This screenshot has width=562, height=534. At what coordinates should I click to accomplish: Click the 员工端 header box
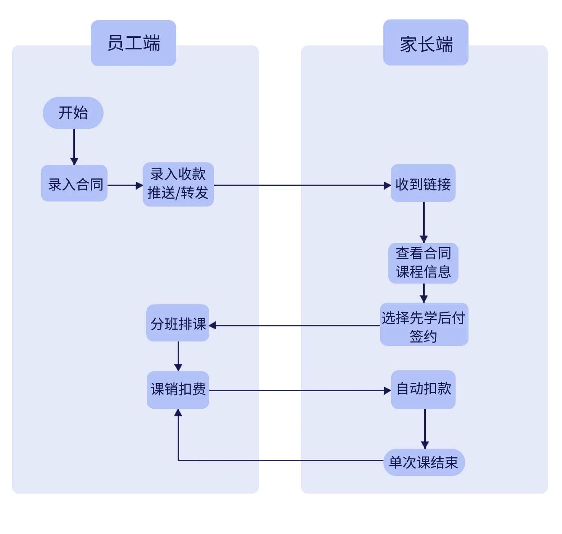pyautogui.click(x=133, y=43)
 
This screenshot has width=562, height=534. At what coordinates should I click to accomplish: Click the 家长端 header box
pyautogui.click(x=426, y=43)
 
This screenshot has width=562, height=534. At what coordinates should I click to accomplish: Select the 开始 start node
pyautogui.click(x=73, y=113)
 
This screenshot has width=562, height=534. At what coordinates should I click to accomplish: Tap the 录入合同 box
pyautogui.click(x=74, y=184)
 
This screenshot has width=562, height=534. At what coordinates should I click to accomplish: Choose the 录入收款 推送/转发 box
pyautogui.click(x=178, y=184)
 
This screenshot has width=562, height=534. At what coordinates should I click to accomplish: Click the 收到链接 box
pyautogui.click(x=423, y=184)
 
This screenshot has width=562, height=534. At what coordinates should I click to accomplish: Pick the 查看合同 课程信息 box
pyautogui.click(x=423, y=263)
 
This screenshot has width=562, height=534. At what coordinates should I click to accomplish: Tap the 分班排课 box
pyautogui.click(x=178, y=323)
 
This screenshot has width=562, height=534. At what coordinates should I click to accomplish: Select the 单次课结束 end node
pyautogui.click(x=424, y=462)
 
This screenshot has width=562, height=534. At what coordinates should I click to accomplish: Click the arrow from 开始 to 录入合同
pyautogui.click(x=74, y=146)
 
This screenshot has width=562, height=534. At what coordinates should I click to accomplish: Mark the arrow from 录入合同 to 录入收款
pyautogui.click(x=124, y=185)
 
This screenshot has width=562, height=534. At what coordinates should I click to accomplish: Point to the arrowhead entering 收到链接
pyautogui.click(x=387, y=186)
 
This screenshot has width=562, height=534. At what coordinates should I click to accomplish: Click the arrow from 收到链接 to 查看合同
pyautogui.click(x=424, y=221)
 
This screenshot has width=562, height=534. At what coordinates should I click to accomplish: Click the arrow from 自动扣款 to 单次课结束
pyautogui.click(x=425, y=428)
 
